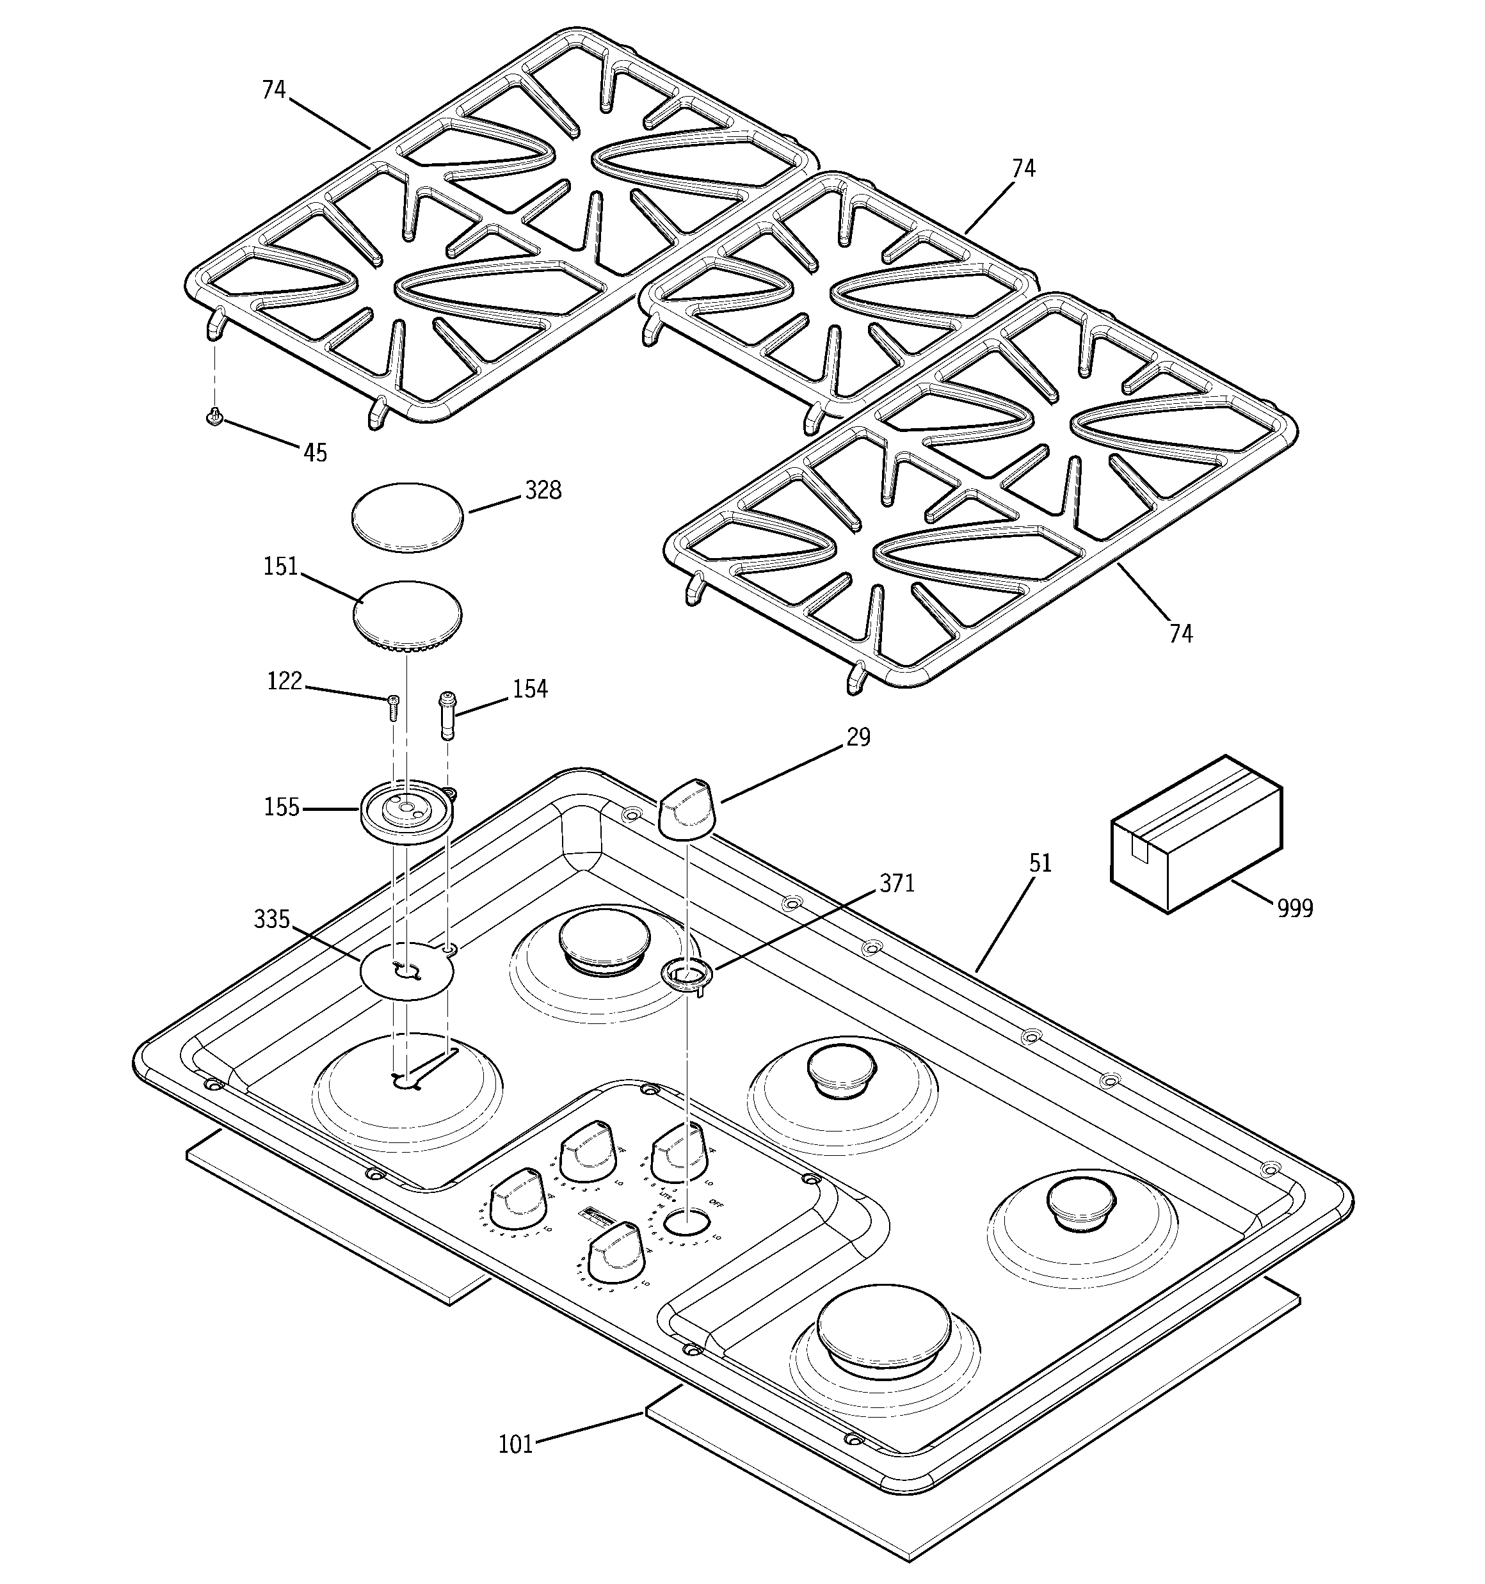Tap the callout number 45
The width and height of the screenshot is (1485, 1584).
point(315,452)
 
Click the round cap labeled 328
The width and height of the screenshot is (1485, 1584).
point(407,516)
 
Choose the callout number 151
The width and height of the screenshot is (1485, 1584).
point(280,566)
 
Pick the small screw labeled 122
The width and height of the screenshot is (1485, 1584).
point(393,705)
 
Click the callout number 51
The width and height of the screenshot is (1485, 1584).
point(1040,863)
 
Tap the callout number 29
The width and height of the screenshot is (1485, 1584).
point(858,737)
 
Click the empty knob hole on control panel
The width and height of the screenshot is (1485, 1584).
point(686,1222)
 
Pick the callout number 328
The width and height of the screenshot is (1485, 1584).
point(543,490)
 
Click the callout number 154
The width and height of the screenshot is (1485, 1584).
point(530,689)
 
